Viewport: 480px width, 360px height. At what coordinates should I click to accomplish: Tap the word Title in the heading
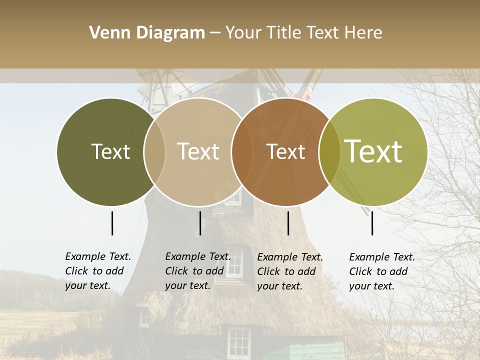point(282,33)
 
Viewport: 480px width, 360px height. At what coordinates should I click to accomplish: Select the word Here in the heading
point(364,33)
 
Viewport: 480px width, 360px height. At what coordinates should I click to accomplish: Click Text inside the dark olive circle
point(110,152)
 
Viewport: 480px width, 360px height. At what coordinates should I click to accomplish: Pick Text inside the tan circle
point(198,152)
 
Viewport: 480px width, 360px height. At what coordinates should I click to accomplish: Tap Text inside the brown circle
point(285,152)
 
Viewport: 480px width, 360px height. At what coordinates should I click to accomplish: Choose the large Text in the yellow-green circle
point(373,151)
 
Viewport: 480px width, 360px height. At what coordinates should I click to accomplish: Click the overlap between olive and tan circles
point(154,152)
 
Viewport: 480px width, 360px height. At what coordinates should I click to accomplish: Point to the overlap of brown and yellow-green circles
point(329,152)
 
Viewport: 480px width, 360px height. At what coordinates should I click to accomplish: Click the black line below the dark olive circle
point(112,223)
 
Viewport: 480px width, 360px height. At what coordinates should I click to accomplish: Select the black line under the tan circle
point(200,223)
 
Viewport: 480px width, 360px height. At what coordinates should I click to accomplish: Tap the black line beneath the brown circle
point(288,223)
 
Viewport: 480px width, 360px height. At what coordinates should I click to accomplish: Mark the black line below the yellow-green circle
point(372,223)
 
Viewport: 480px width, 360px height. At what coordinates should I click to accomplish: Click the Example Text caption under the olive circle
point(97,271)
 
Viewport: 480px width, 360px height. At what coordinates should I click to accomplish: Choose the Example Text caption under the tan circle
point(197,271)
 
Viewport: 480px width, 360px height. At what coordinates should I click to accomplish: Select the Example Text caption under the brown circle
point(289,271)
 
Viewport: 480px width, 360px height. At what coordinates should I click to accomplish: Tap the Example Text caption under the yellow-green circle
point(381,271)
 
